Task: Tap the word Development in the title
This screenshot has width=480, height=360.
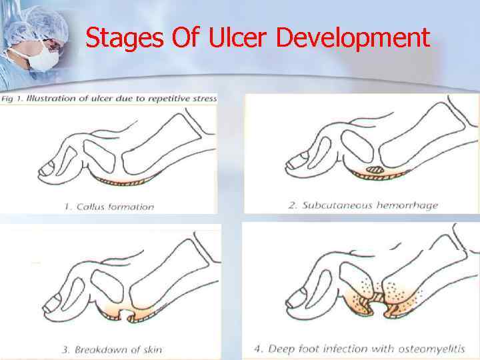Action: [353, 39]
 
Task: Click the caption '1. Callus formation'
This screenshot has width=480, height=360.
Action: [109, 207]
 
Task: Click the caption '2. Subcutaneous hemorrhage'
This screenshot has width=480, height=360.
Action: [363, 205]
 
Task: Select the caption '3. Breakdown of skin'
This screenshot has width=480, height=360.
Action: [113, 349]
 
